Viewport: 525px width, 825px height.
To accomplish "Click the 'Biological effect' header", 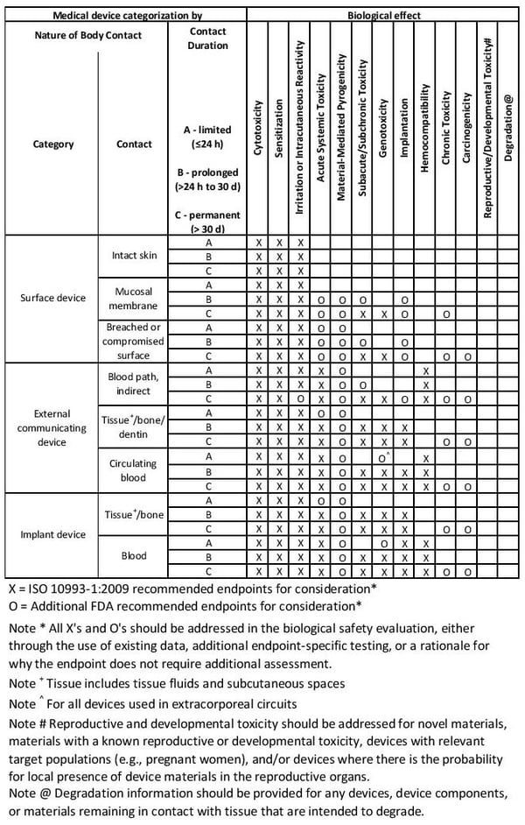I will [x=385, y=14].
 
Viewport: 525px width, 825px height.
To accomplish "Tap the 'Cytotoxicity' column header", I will [x=258, y=132].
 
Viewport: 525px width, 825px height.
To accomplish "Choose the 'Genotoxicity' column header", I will [x=383, y=132].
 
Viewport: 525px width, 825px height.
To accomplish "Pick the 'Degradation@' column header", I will [x=509, y=130].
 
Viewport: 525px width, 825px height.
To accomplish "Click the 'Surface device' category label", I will [x=53, y=298].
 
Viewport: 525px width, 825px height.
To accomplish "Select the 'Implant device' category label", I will [x=53, y=534].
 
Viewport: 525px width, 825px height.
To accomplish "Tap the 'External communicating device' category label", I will [x=53, y=428].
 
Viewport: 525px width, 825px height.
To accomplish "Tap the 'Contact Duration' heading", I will [x=208, y=37].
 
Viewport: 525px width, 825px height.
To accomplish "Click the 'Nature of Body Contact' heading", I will [x=87, y=35].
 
